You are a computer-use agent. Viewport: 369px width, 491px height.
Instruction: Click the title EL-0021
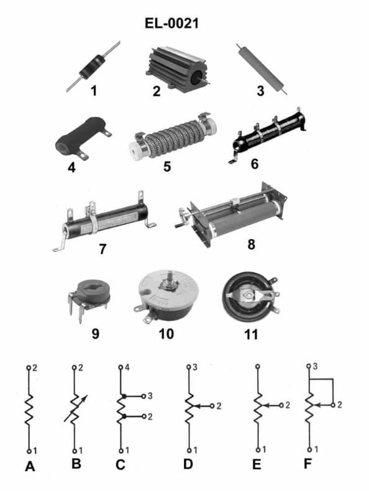171,24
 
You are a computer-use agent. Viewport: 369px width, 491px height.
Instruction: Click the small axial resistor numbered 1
93,67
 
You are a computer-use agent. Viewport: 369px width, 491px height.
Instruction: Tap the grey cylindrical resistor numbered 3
262,68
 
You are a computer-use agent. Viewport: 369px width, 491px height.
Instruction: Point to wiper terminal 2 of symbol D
212,406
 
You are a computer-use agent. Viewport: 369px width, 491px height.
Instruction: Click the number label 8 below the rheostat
251,244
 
